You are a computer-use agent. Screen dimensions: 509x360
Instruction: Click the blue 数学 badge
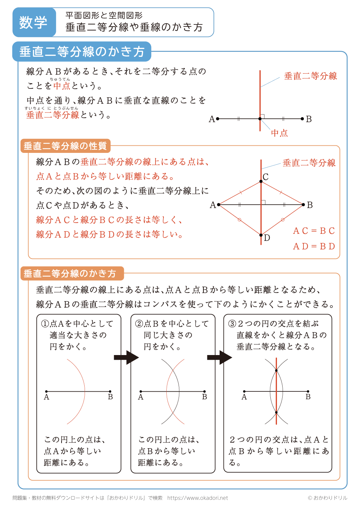pos(33,22)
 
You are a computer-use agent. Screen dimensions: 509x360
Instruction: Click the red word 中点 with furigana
pos(62,86)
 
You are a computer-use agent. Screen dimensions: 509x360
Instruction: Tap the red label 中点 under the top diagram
pos(279,133)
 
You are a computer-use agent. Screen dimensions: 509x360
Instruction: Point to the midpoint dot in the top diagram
pos(260,119)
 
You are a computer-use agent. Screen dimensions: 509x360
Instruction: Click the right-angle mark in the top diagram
pos(262,116)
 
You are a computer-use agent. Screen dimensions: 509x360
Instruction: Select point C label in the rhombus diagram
pos(266,177)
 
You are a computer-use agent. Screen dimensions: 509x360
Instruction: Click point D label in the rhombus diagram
pos(267,238)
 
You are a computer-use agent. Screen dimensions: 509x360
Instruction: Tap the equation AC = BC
pos(314,231)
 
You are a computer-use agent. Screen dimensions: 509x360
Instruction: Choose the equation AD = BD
pos(314,246)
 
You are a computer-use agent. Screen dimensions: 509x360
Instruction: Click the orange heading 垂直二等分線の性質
pos(65,146)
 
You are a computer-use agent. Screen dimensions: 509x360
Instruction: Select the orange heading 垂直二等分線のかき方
pos(70,273)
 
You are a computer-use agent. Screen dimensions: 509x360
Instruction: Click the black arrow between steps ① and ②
pos(126,358)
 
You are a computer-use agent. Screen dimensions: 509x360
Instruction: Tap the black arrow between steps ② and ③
pos(220,358)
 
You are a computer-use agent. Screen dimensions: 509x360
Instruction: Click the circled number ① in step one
pos(45,324)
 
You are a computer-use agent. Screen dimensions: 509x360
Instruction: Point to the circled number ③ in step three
pos(232,324)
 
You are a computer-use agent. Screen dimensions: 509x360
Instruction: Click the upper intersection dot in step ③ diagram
pos(276,370)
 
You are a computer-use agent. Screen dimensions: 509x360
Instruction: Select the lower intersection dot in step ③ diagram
pos(276,413)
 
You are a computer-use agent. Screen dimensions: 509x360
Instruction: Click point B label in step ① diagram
pos(111,397)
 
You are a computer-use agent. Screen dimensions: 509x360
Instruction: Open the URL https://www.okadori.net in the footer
pos(198,498)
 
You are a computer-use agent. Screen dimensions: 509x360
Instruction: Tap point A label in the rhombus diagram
pos(213,205)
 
